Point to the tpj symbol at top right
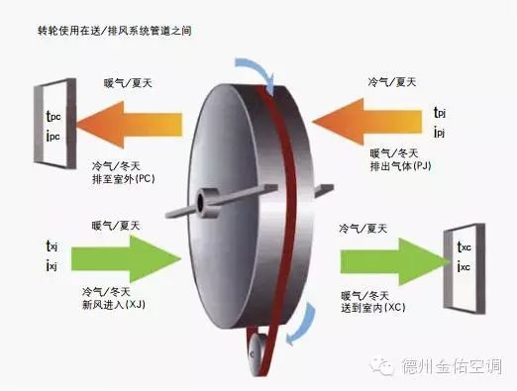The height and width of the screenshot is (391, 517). click(x=440, y=112)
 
